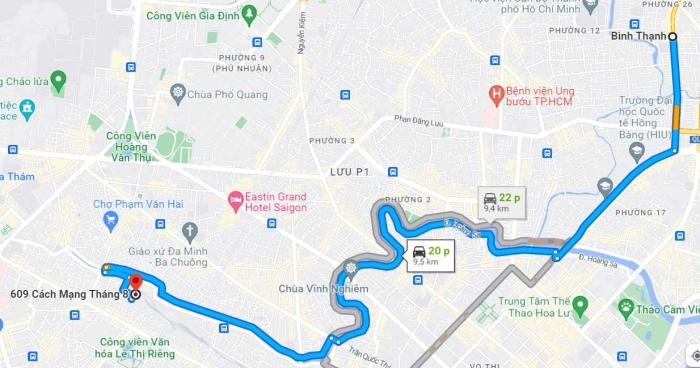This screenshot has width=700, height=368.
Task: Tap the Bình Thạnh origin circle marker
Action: pyautogui.click(x=672, y=37)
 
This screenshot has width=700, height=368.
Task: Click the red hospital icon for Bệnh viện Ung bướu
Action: pyautogui.click(x=494, y=94)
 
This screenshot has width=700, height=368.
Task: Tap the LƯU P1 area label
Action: pyautogui.click(x=350, y=172)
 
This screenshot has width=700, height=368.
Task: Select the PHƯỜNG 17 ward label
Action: pyautogui.click(x=640, y=212)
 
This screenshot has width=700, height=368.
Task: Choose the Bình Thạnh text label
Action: pyautogui.click(x=637, y=37)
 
